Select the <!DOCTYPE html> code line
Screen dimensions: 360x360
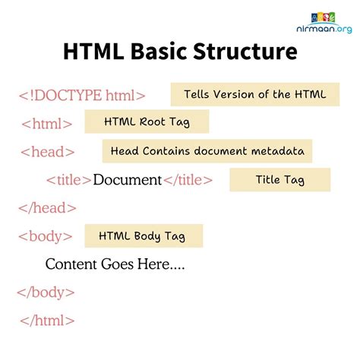[81, 96]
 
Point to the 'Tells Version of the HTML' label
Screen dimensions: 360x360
[254, 94]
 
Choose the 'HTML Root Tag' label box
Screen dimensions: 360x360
[146, 122]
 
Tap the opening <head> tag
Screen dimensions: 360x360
[48, 152]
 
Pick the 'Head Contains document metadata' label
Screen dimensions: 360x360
[207, 151]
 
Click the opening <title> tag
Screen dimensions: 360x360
[68, 180]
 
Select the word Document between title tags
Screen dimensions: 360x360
[127, 180]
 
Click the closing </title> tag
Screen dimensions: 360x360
[188, 180]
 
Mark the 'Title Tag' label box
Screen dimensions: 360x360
[279, 180]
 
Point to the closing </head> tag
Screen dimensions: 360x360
[47, 207]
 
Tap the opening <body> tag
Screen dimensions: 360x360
[46, 235]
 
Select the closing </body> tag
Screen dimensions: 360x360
[47, 292]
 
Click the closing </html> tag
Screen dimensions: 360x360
[46, 320]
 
